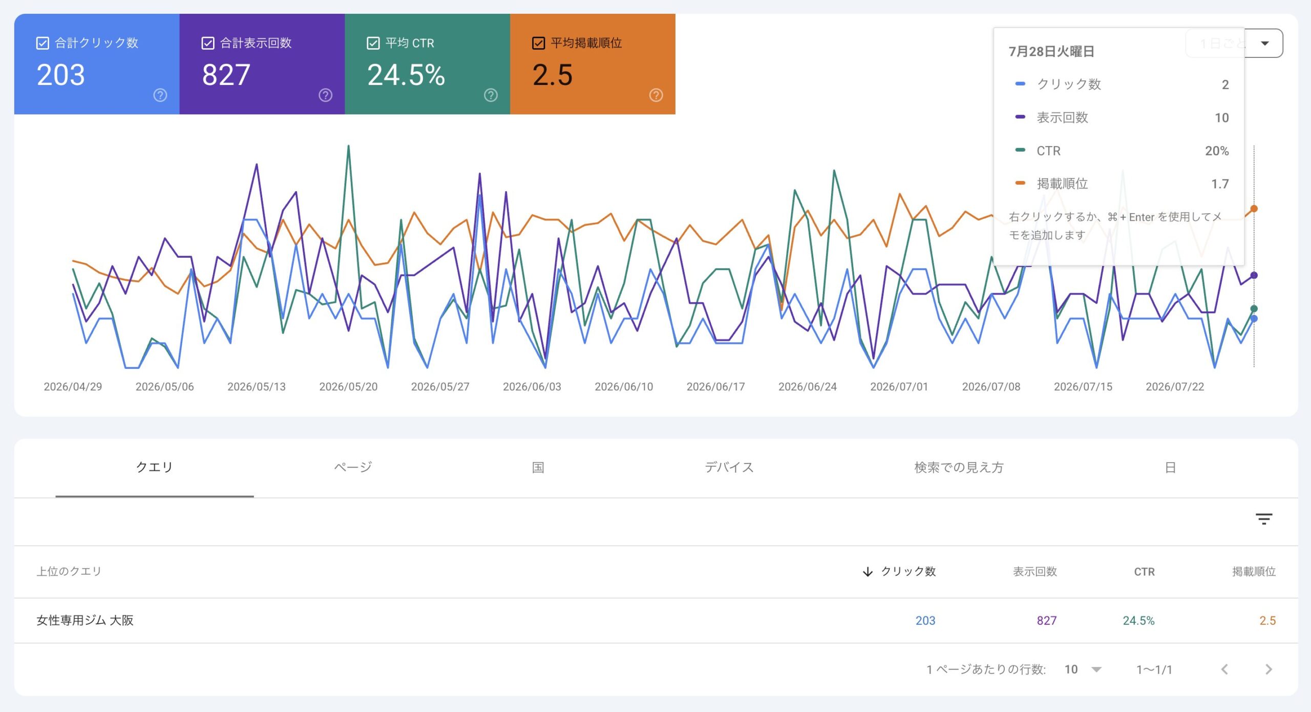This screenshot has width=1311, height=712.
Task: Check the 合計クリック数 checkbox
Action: pyautogui.click(x=43, y=43)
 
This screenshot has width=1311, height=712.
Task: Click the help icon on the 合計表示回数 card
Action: pyautogui.click(x=325, y=95)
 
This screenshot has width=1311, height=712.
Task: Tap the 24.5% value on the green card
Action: pyautogui.click(x=406, y=75)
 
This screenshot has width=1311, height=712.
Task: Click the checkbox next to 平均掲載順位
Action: pyautogui.click(x=538, y=43)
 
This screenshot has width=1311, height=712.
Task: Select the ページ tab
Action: pyautogui.click(x=353, y=467)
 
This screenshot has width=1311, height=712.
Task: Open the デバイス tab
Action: pyautogui.click(x=729, y=467)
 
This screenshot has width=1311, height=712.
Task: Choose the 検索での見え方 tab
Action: pyautogui.click(x=959, y=467)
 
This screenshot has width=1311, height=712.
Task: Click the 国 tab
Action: pyautogui.click(x=538, y=467)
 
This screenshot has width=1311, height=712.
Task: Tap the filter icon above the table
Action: pyautogui.click(x=1264, y=519)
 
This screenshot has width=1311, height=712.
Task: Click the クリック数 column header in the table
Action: pyautogui.click(x=908, y=571)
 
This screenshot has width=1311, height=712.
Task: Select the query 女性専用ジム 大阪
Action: pyautogui.click(x=85, y=620)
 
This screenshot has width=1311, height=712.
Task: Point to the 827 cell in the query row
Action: pyautogui.click(x=1046, y=620)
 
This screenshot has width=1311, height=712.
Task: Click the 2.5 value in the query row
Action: pyautogui.click(x=1267, y=620)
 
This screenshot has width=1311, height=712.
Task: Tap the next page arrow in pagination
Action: pyautogui.click(x=1268, y=669)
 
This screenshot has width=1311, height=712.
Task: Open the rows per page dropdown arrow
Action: pyautogui.click(x=1096, y=669)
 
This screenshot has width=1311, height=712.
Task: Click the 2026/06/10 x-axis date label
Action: pyautogui.click(x=624, y=387)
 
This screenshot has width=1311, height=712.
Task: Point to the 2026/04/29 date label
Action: pyautogui.click(x=73, y=387)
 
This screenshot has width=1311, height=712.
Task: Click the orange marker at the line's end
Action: pyautogui.click(x=1254, y=208)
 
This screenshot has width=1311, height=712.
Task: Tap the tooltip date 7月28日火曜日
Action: pyautogui.click(x=1051, y=51)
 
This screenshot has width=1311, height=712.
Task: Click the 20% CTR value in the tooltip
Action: pyautogui.click(x=1217, y=151)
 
